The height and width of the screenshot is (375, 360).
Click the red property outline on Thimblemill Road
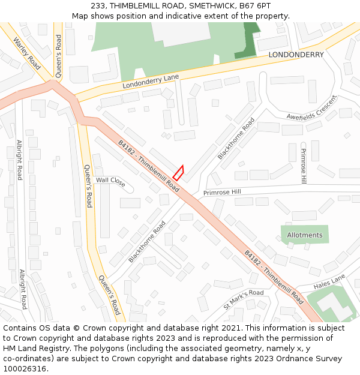pos(178,173)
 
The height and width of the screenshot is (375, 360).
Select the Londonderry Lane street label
pos(151,82)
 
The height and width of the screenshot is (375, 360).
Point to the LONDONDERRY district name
pos(296,55)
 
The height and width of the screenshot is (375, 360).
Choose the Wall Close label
pos(110,181)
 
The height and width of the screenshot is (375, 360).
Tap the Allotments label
pos(304,235)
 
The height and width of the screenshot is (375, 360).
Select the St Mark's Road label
pos(243,300)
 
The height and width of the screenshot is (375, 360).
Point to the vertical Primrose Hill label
pos(304,166)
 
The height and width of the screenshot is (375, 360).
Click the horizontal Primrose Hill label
pos(221,192)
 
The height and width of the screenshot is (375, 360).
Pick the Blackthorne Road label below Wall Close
pos(146,241)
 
